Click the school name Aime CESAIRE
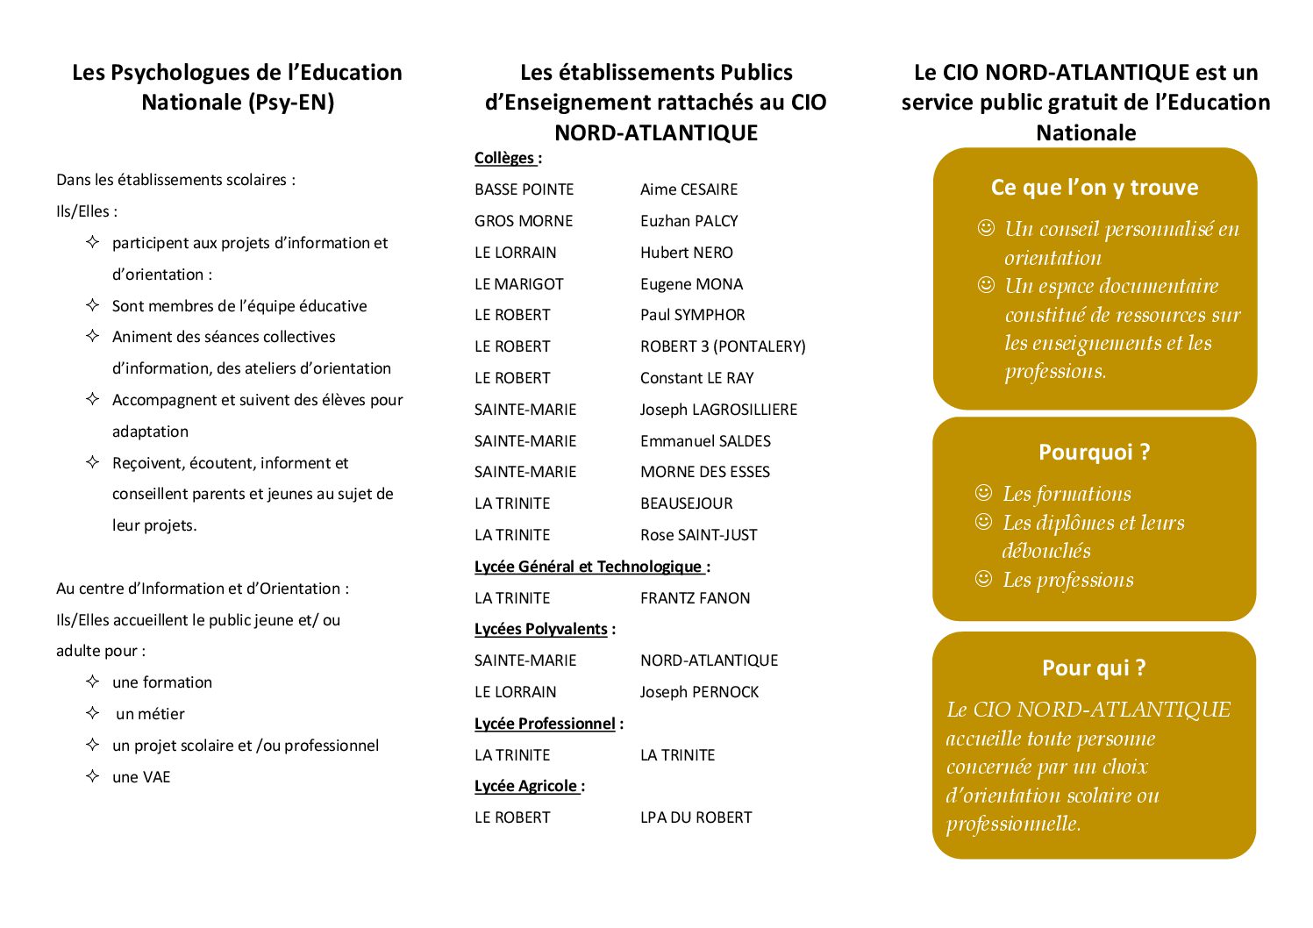coord(689,189)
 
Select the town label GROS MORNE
coord(524,221)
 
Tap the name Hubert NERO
coord(686,253)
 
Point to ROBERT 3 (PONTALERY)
coord(723,346)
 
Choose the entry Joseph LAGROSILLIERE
coord(718,410)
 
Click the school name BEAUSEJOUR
coord(686,503)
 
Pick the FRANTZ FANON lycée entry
coord(695,598)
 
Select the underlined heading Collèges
coord(504,159)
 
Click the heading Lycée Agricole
coord(526,786)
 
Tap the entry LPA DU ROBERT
coord(696,817)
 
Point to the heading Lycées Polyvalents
coord(541,629)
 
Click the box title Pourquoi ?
coord(1094,453)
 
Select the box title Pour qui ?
coord(1094,668)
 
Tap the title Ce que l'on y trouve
coord(1094,188)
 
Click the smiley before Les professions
coord(984,579)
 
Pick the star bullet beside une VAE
coord(93,776)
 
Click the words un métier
coord(150,714)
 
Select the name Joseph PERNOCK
coord(699,692)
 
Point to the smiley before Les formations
coord(984,493)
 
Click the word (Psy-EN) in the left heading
coord(291,103)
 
